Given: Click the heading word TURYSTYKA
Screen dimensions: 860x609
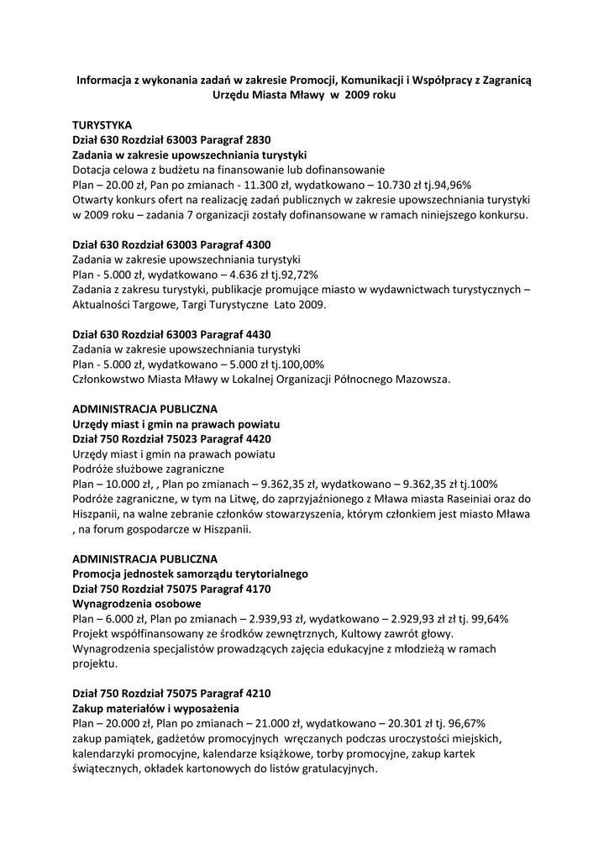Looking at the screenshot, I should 102,124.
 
